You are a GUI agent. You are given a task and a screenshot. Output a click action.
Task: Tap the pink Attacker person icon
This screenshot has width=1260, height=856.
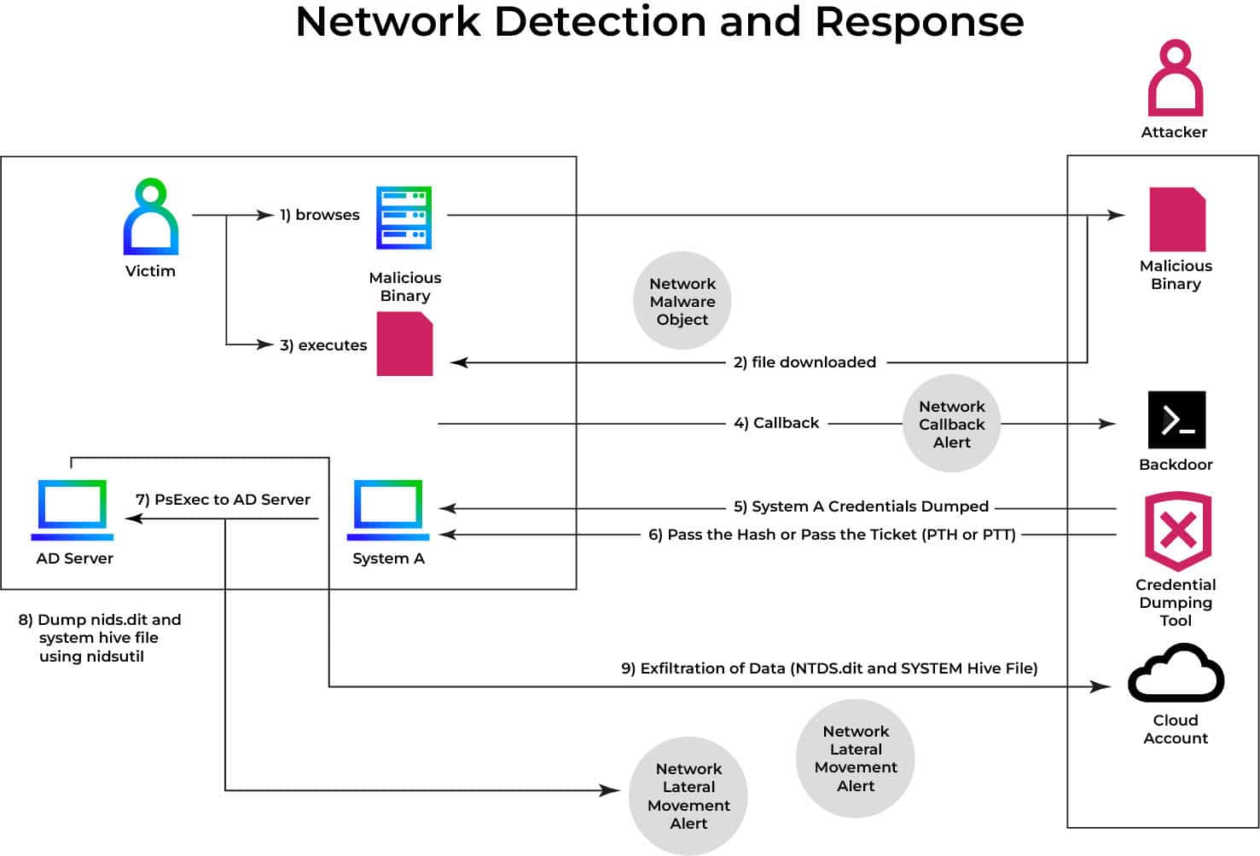[1175, 78]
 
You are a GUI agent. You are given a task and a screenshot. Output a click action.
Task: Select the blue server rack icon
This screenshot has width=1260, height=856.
[404, 217]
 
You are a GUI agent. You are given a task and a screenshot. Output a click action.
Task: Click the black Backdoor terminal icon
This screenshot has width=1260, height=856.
[1176, 419]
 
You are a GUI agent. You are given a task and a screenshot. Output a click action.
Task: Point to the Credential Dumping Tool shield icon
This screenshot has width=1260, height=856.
[1177, 530]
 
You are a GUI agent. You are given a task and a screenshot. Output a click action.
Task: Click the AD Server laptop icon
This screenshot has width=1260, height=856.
[73, 510]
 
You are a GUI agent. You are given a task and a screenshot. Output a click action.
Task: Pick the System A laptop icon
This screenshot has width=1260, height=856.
[388, 510]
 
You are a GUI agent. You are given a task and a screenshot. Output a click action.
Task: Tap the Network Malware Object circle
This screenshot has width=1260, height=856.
[682, 301]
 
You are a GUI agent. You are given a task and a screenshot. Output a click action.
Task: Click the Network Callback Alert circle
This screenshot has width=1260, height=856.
[951, 424]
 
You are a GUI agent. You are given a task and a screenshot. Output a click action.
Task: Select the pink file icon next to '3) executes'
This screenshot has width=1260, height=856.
[405, 344]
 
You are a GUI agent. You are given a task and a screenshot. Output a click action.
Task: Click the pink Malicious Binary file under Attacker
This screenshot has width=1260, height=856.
[1177, 220]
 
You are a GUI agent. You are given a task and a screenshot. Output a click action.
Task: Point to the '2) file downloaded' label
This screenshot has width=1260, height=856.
[804, 362]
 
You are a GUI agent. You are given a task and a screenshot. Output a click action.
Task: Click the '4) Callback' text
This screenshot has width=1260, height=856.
[776, 423]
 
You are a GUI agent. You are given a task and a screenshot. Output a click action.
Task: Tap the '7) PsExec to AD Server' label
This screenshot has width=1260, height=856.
[223, 500]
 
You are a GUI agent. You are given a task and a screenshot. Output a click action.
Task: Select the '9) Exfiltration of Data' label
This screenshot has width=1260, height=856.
[829, 668]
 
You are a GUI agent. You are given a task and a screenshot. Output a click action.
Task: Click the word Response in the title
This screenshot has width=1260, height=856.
[919, 22]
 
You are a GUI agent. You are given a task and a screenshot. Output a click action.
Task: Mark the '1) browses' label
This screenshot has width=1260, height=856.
[320, 215]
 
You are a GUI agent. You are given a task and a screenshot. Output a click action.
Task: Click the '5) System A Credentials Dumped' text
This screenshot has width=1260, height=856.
[861, 506]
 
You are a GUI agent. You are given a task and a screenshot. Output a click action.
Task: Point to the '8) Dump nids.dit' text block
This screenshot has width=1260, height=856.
[99, 638]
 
